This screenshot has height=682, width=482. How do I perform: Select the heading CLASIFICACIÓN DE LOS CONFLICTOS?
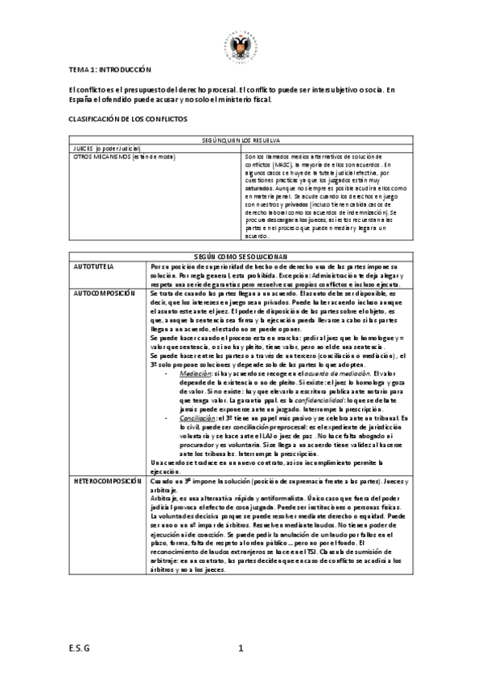click(127, 117)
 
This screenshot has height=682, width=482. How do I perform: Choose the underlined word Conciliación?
click(196, 419)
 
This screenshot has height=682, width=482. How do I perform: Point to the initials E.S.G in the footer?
click(78, 649)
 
